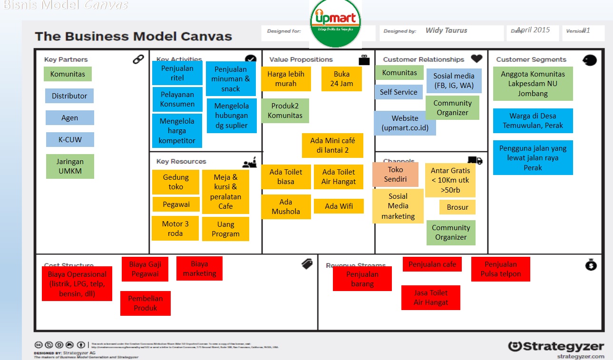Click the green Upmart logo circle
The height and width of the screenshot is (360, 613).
(x=335, y=24)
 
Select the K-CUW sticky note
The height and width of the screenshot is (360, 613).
(x=70, y=140)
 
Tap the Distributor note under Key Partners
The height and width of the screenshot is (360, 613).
(x=69, y=96)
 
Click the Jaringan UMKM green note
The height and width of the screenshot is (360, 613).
(x=70, y=166)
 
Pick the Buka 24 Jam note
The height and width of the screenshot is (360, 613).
(x=341, y=79)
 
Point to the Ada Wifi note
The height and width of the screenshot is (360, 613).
(x=339, y=206)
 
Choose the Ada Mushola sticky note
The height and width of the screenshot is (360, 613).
(x=286, y=207)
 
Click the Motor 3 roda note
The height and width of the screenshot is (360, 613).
(x=175, y=228)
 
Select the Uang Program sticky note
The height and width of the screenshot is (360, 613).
(x=225, y=229)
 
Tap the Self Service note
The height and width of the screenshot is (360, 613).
(x=399, y=92)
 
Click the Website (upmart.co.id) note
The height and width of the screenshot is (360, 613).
(x=405, y=123)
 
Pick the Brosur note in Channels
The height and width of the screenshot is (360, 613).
(x=457, y=207)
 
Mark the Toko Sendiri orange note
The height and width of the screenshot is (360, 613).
(x=395, y=175)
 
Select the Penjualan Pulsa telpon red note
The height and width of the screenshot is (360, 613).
(x=500, y=269)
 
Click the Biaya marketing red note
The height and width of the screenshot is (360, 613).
(x=199, y=269)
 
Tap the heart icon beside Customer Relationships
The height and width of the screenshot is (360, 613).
(x=477, y=59)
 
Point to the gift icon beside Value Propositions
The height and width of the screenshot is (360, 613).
(x=364, y=60)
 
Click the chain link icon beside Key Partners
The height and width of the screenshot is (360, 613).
(x=138, y=59)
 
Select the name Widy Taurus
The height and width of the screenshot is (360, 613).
(x=446, y=30)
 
